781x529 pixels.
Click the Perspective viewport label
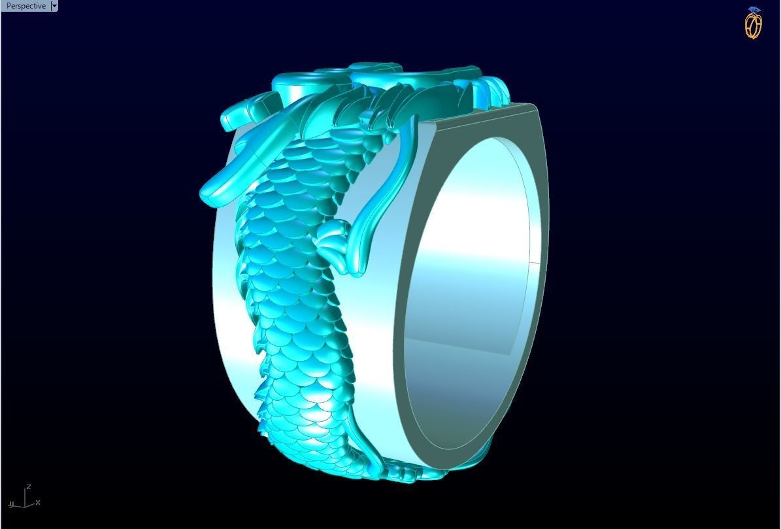point(25,6)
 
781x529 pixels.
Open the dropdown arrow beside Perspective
point(54,6)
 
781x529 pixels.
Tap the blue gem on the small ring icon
point(755,10)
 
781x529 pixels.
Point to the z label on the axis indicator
point(28,487)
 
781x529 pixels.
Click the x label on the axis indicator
point(38,502)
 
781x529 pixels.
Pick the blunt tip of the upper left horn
point(229,122)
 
